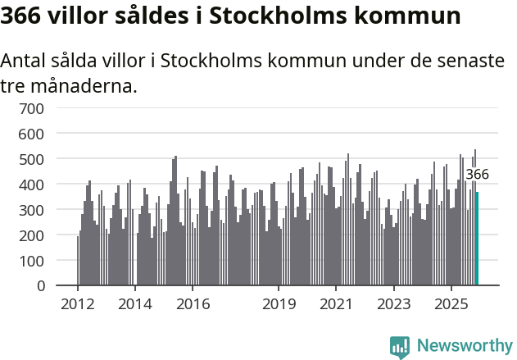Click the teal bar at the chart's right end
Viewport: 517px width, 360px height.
pos(477,239)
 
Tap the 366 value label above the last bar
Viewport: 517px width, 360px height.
pos(477,174)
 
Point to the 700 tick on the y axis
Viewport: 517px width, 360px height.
pos(44,107)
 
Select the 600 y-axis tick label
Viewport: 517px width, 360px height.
pos(44,133)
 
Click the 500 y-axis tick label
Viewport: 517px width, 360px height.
pos(44,158)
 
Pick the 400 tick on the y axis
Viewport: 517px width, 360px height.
pos(44,185)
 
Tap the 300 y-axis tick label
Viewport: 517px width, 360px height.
pos(44,210)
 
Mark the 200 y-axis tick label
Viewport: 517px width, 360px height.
pos(44,235)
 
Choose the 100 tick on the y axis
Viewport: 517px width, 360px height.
pos(44,261)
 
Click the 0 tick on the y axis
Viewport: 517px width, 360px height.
pos(51,286)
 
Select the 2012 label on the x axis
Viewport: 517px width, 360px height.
pos(78,304)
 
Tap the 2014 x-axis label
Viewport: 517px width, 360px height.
pos(135,304)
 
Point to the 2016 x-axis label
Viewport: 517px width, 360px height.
pos(193,304)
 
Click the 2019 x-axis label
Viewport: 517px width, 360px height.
pos(279,304)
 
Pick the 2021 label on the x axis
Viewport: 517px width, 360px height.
pos(336,304)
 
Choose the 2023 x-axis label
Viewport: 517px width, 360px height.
pos(393,304)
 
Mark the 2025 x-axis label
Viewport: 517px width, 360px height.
pos(451,304)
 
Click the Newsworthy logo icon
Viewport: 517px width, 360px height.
pos(400,347)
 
